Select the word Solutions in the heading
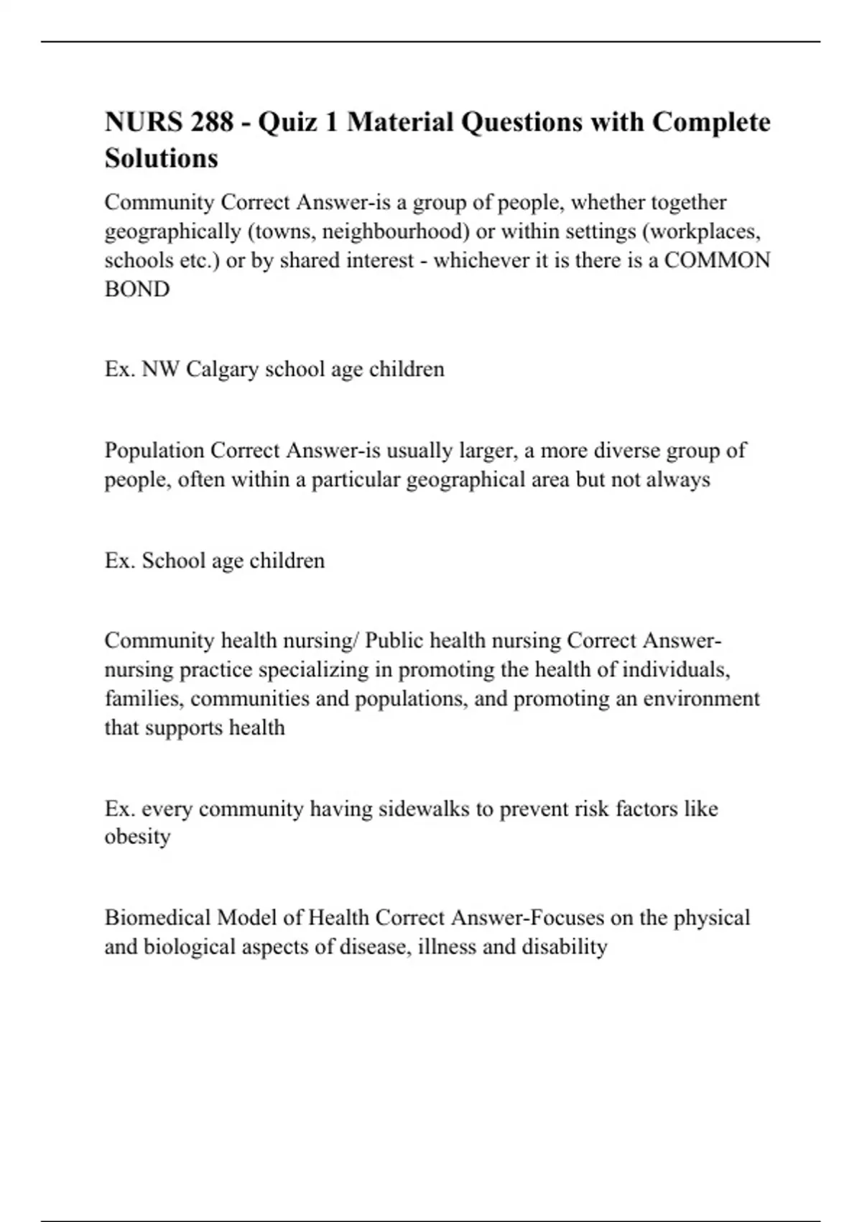(162, 158)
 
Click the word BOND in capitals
(137, 289)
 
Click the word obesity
(137, 837)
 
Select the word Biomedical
(157, 918)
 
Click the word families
(144, 699)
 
